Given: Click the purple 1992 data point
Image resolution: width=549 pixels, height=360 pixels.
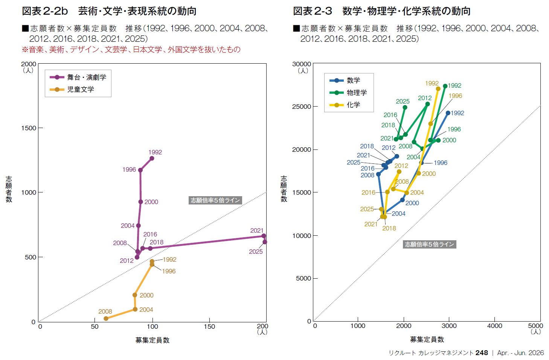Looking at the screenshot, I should (x=152, y=158).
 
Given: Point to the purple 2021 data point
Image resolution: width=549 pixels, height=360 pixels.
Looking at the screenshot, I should (x=264, y=236).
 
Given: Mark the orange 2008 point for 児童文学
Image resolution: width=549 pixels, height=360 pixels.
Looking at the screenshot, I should (x=106, y=319).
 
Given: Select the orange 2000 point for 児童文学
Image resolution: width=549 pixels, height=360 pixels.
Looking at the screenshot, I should (x=135, y=295).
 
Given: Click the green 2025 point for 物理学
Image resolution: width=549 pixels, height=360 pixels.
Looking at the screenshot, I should (x=405, y=107).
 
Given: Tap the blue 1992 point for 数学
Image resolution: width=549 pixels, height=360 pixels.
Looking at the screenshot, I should (x=448, y=113).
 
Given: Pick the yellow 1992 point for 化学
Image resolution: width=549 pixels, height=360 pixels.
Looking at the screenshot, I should (x=438, y=89).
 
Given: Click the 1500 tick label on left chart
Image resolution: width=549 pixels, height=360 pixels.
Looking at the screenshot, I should (x=29, y=128).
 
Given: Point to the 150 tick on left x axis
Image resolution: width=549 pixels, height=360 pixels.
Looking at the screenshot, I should (x=209, y=326).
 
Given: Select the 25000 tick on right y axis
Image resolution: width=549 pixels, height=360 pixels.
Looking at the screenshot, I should (x=302, y=107).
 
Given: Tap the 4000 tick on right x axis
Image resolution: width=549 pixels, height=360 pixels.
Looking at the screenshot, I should (x=494, y=326).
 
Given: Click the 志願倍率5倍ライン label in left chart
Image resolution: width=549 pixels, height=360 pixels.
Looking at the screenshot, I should (x=215, y=200).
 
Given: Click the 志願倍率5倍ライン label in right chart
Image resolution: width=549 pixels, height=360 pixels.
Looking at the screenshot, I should (x=429, y=244).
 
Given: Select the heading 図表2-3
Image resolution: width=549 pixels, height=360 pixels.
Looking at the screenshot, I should (x=313, y=11).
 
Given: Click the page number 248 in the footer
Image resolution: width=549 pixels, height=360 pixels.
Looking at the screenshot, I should (x=482, y=353).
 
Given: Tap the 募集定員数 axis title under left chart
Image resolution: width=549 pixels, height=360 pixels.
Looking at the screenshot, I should (x=152, y=340).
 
